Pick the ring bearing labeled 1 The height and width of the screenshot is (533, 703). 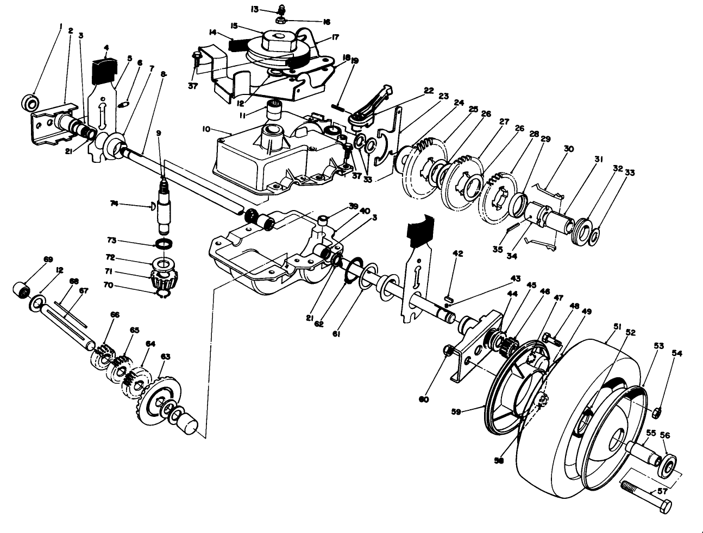point(31,101)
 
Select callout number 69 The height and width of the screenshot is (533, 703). point(48,259)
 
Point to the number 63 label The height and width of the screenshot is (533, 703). point(165,357)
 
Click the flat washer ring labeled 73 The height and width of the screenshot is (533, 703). point(165,242)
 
